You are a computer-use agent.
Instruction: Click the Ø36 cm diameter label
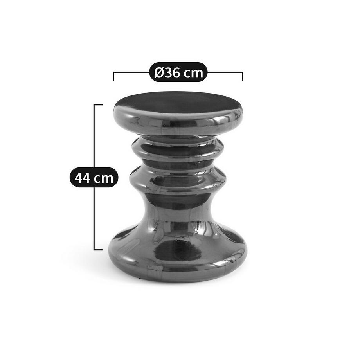(178, 72)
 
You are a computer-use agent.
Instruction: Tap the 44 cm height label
(94, 177)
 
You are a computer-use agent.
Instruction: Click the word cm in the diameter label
(194, 74)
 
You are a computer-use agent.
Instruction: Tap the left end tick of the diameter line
(113, 76)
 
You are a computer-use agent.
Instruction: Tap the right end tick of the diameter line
(243, 76)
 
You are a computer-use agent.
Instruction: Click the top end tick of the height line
(98, 105)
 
